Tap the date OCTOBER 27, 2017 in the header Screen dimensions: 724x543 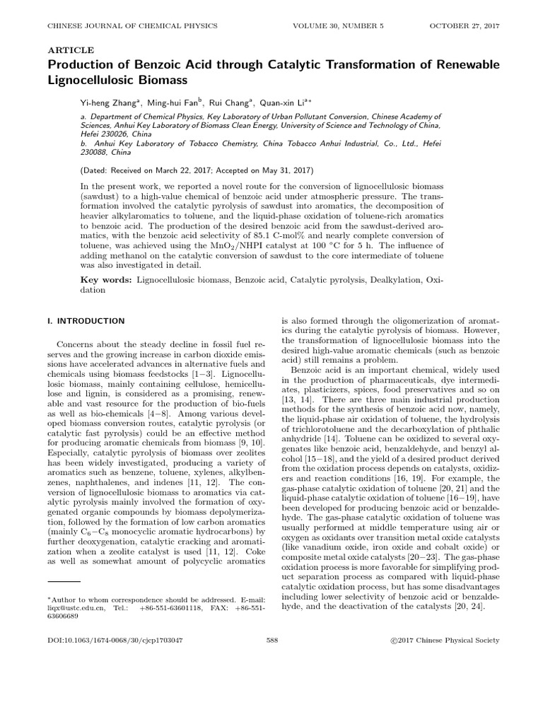pyautogui.click(x=464, y=26)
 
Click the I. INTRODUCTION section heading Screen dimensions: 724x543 pyautogui.click(x=86, y=320)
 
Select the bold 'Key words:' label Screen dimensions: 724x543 pyautogui.click(x=106, y=281)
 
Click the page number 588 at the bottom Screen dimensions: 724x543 pyautogui.click(x=271, y=640)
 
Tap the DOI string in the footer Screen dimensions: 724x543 pyautogui.click(x=115, y=640)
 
